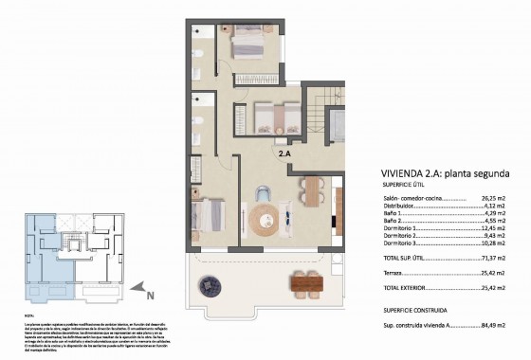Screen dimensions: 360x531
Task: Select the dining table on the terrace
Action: tap(302, 280)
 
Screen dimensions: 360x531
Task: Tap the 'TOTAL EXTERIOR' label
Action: tap(376, 286)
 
